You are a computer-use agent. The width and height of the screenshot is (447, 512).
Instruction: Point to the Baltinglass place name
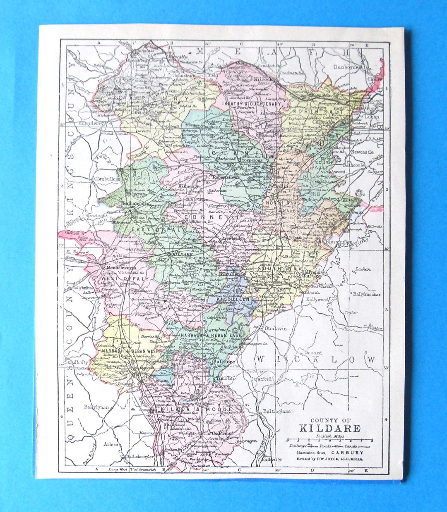click(x=276, y=411)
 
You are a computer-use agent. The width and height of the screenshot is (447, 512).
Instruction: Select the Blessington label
click(x=339, y=241)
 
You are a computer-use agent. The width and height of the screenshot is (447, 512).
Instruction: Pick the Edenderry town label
click(x=85, y=123)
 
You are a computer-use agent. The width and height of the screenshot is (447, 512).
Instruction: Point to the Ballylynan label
click(x=96, y=407)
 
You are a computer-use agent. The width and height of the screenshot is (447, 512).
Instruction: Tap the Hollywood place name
click(x=317, y=299)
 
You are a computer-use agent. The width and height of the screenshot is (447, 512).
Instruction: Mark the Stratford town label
click(x=261, y=378)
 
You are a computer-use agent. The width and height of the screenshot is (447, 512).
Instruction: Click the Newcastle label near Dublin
click(x=362, y=152)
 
